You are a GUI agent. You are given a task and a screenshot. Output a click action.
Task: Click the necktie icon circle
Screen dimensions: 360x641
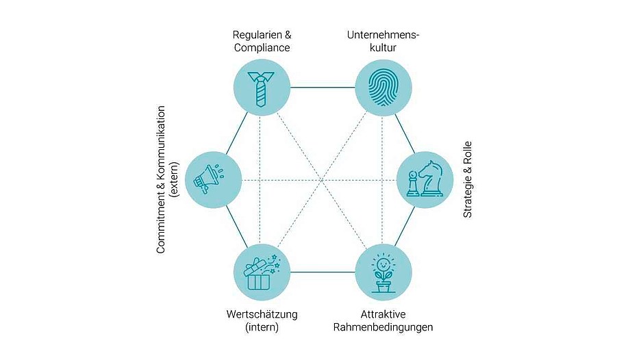(261, 88)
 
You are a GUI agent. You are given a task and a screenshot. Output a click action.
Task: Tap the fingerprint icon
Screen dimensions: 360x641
(382, 88)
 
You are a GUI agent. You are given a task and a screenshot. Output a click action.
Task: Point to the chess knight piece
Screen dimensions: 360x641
(430, 178)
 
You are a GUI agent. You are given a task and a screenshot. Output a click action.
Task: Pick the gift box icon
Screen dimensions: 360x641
(261, 271)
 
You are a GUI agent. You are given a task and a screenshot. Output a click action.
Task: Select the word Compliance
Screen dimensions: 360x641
(262, 48)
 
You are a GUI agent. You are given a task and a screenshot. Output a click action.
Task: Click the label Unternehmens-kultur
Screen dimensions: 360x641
(382, 41)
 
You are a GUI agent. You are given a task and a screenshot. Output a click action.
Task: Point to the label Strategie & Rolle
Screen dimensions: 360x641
(468, 179)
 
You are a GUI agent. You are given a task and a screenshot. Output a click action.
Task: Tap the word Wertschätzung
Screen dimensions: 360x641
(262, 314)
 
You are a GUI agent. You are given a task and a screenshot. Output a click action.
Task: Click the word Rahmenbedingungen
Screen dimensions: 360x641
(383, 327)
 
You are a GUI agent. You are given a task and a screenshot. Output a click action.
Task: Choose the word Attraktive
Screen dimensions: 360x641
(383, 314)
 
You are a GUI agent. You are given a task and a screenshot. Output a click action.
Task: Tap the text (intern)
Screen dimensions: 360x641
(262, 327)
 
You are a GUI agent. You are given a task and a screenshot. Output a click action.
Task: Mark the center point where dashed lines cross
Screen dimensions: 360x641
(321, 180)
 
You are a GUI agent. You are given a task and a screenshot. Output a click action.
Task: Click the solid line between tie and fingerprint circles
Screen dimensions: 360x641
(322, 88)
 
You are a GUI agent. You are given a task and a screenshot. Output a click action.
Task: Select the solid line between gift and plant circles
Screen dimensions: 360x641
(322, 272)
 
